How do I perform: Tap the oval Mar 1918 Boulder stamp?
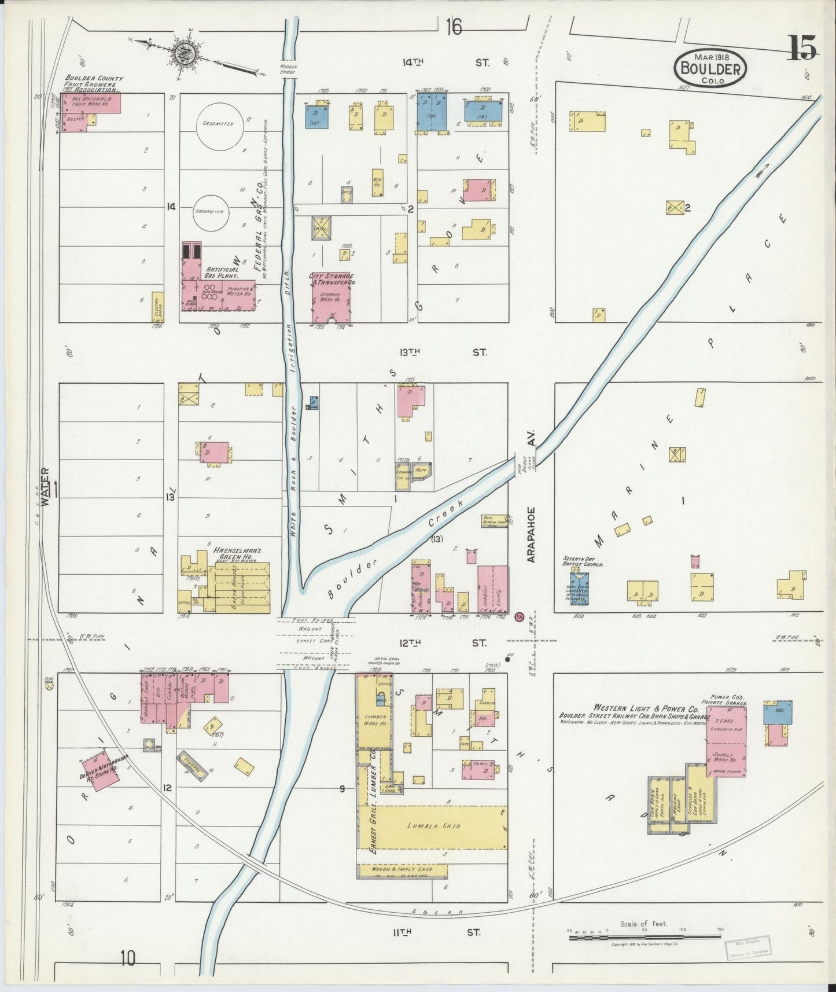click(710, 68)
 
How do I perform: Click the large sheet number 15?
click(802, 47)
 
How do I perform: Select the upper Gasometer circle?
click(215, 124)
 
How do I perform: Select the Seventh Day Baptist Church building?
click(579, 589)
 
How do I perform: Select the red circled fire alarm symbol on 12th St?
click(518, 618)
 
